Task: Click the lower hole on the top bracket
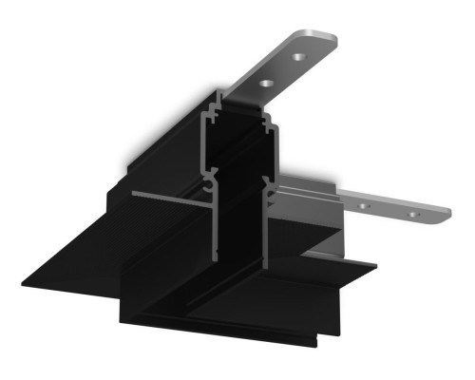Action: point(267,85)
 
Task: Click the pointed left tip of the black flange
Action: point(21,281)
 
